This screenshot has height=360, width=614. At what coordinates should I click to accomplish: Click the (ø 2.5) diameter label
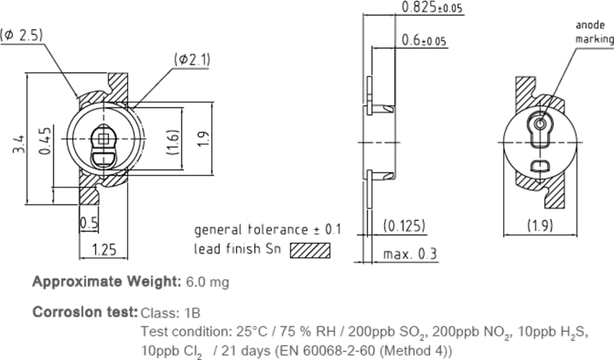22,35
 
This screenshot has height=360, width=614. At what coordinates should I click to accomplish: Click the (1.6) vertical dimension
175,141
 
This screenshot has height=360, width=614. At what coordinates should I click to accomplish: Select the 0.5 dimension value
89,223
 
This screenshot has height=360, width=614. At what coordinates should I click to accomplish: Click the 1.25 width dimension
104,249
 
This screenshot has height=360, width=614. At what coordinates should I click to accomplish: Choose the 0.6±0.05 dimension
424,40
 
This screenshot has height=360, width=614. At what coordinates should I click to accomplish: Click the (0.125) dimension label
404,226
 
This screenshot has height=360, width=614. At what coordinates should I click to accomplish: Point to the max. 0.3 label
410,254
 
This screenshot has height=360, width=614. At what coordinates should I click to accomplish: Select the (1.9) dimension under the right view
540,226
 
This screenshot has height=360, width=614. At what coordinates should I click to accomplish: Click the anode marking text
594,32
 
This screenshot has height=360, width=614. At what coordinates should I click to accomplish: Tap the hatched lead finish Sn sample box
310,250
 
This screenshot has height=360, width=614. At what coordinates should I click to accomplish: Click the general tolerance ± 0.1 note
268,230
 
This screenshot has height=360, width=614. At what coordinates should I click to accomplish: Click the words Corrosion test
85,312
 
